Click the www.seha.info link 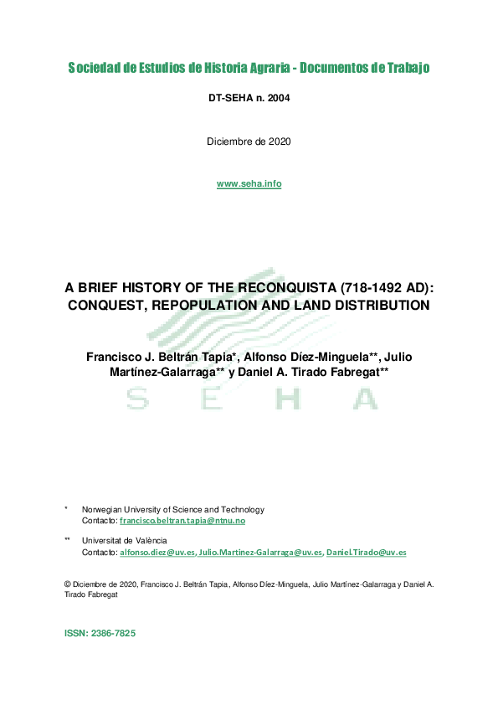pos(249,184)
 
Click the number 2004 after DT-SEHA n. pos(277,99)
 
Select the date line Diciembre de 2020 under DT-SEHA pos(249,142)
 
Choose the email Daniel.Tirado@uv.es pos(366,553)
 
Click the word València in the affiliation pos(146,541)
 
